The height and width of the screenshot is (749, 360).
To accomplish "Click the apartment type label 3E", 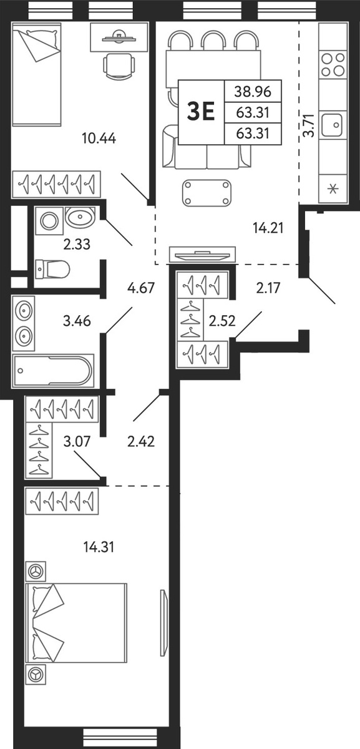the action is click(x=201, y=112).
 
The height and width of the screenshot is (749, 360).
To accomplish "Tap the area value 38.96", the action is click(x=253, y=91).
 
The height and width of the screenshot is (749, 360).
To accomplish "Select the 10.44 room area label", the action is click(x=99, y=138).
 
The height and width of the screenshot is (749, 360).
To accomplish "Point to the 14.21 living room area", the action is click(x=268, y=228).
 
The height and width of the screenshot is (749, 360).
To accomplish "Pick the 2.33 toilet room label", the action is click(x=77, y=245).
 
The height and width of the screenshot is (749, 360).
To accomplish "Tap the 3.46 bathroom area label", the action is click(x=77, y=321).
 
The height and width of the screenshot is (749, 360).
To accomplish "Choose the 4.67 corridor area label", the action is click(x=141, y=288).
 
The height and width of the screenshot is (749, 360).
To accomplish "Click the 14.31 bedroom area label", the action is click(x=99, y=547).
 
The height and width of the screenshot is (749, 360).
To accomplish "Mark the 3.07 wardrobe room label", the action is click(x=77, y=441).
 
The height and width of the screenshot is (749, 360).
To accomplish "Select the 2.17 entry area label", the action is click(x=268, y=288).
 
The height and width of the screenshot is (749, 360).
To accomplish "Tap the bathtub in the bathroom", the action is click(x=53, y=371).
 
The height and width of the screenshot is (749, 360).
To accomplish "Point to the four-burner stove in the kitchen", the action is click(x=333, y=64).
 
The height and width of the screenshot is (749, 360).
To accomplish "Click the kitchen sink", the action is click(x=331, y=124).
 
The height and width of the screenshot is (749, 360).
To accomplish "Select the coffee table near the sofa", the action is click(x=207, y=193).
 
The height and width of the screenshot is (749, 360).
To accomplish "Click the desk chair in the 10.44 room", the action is click(x=119, y=66).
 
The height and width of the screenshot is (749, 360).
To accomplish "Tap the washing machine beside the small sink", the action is click(x=49, y=221).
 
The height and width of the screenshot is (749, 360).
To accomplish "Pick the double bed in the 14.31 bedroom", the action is click(x=77, y=624).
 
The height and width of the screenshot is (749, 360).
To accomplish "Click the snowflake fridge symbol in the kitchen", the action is click(x=333, y=190).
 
